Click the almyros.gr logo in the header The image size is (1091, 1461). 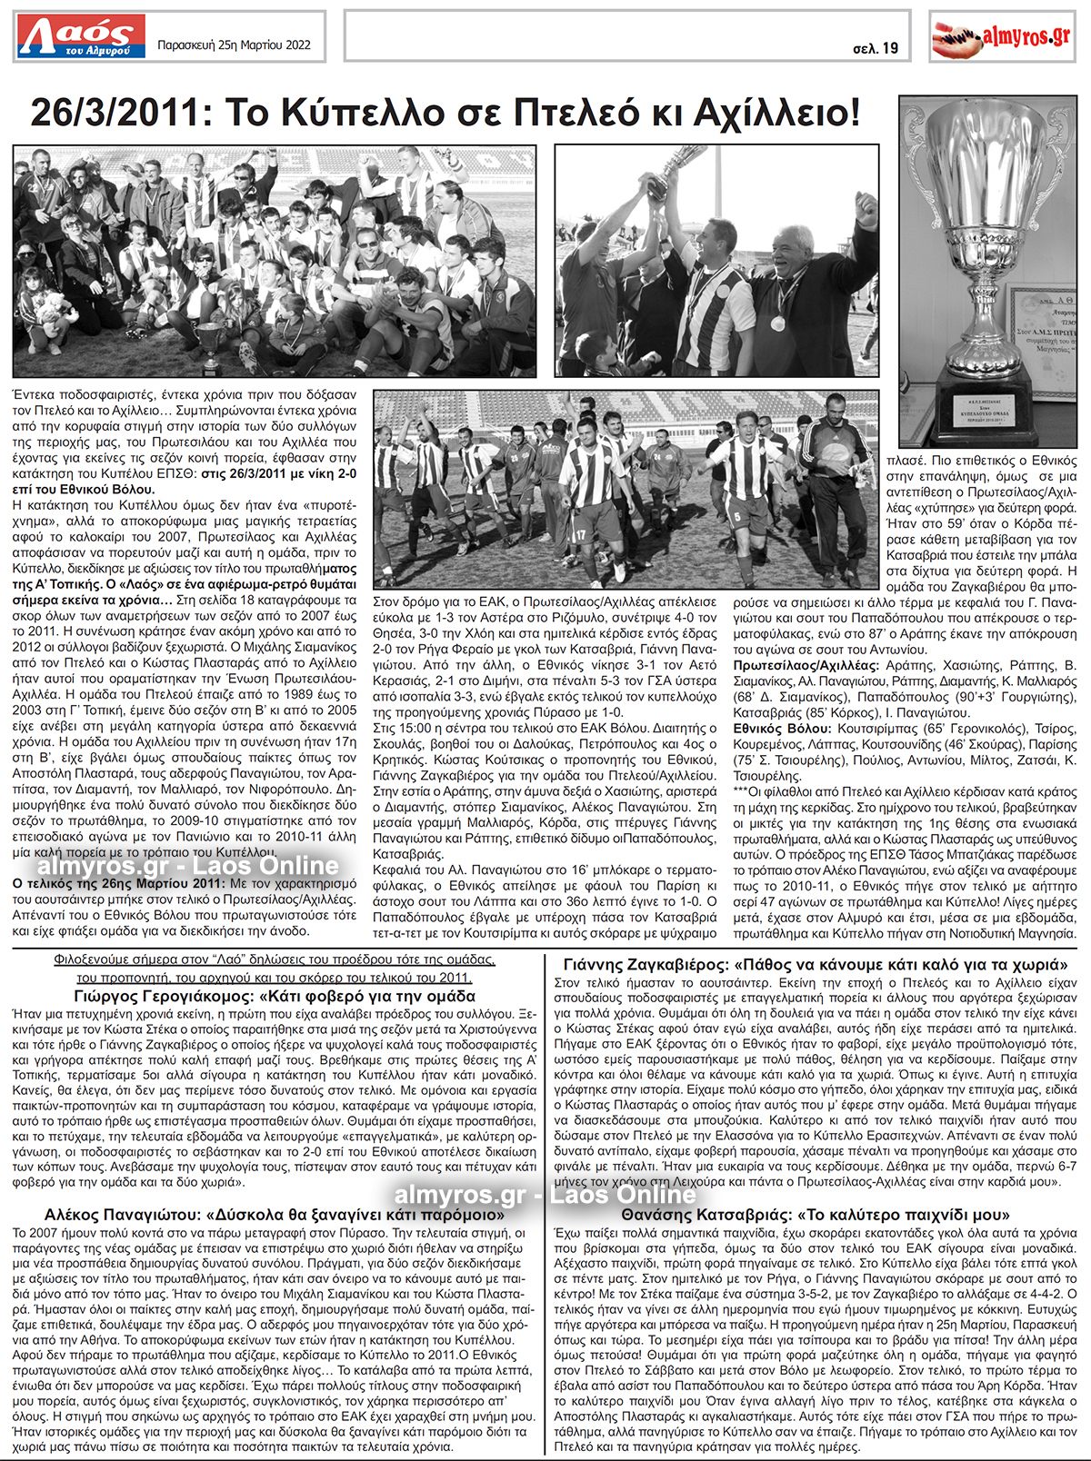[x=1001, y=36]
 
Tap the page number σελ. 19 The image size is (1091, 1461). [x=876, y=48]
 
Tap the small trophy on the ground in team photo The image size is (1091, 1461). [x=210, y=343]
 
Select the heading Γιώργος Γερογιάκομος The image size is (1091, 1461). [x=165, y=996]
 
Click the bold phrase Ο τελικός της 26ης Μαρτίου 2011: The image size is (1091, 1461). [x=116, y=882]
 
